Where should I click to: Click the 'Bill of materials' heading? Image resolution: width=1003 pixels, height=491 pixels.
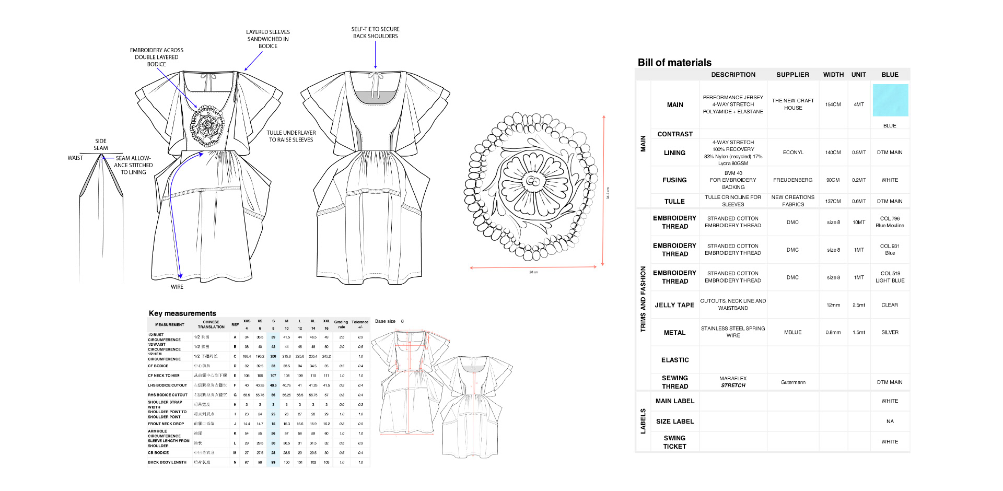click(674, 63)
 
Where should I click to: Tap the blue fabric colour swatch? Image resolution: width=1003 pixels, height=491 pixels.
click(890, 100)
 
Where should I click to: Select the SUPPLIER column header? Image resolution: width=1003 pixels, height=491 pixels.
click(792, 75)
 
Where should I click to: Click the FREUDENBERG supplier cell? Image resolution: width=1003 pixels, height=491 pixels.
click(792, 180)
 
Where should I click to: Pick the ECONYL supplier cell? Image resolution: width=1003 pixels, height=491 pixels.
click(792, 153)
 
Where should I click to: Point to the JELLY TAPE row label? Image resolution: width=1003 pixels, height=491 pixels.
click(674, 305)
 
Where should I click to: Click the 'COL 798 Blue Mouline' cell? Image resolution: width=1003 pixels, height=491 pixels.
click(890, 222)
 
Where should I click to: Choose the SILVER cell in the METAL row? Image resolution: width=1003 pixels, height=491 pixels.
click(890, 332)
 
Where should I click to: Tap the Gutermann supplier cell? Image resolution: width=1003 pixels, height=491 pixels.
click(792, 382)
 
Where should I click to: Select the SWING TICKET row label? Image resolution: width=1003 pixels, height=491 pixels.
click(674, 442)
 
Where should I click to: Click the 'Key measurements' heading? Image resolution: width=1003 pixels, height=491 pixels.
click(182, 313)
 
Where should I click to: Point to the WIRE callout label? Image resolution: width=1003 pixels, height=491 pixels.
click(177, 287)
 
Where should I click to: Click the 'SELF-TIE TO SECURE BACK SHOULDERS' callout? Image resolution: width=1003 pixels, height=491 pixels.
click(375, 33)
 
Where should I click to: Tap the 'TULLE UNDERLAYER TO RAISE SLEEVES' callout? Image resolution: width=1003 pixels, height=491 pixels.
click(291, 136)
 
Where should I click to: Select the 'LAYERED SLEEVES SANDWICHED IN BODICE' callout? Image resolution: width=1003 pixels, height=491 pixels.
click(268, 39)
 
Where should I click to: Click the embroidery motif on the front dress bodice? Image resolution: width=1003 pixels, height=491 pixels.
click(207, 125)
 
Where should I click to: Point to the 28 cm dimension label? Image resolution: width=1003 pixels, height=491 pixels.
click(533, 272)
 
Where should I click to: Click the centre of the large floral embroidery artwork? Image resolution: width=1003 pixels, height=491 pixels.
click(532, 181)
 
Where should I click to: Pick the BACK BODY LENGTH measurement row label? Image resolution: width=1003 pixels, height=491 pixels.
click(167, 462)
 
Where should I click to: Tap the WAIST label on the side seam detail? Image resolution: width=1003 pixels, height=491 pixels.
click(75, 158)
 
